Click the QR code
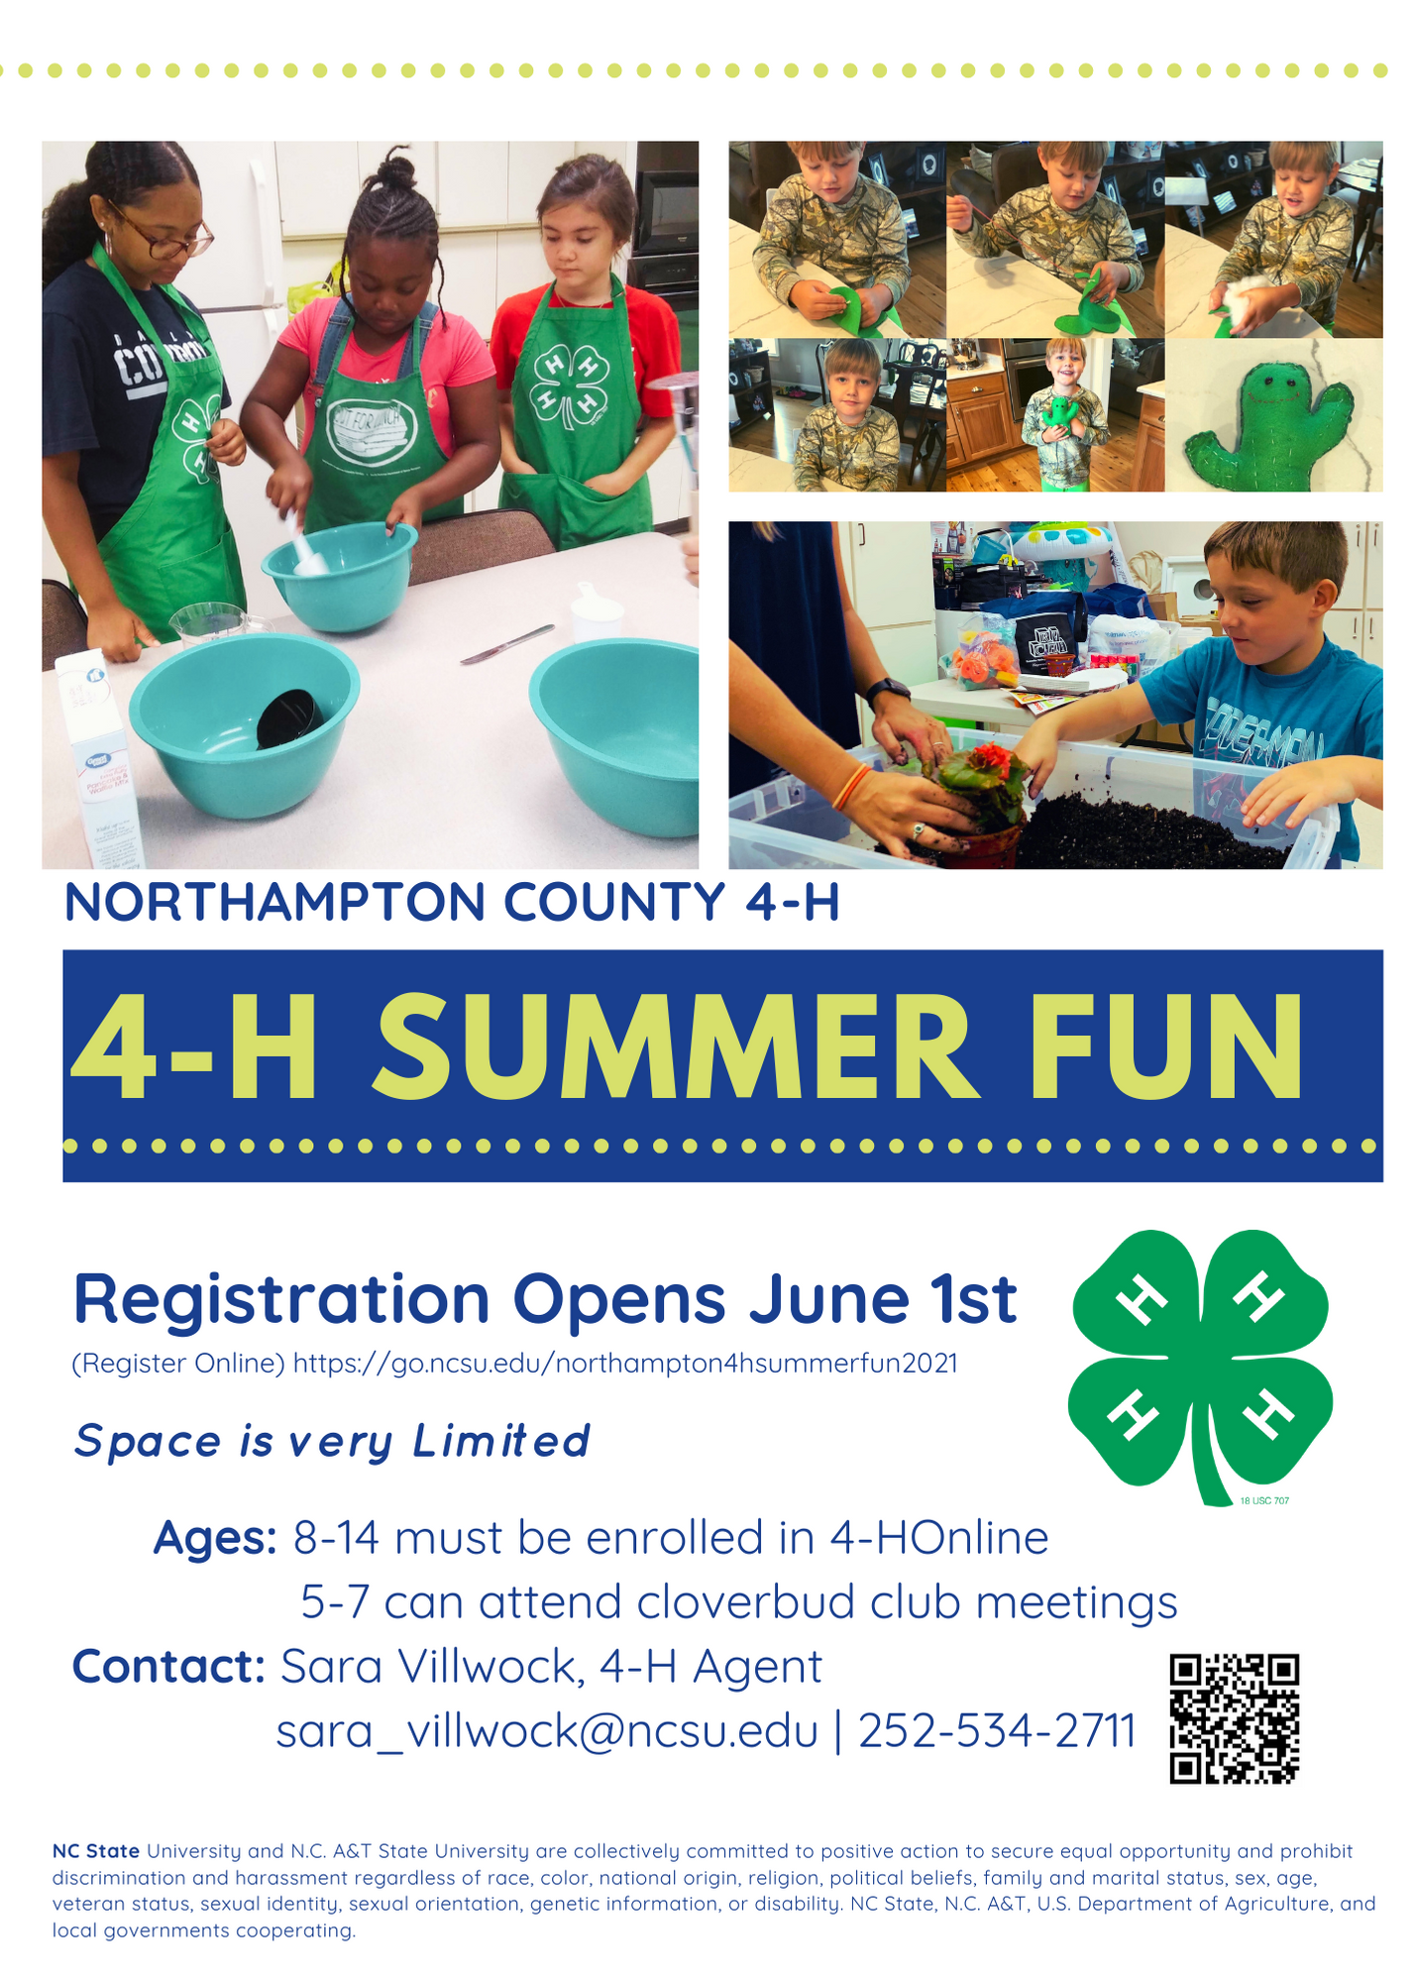[x=1234, y=1718]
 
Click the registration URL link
[x=625, y=1364]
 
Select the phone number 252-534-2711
[x=997, y=1730]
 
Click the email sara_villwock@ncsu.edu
[x=547, y=1732]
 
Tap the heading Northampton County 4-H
[x=452, y=902]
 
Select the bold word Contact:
[x=168, y=1666]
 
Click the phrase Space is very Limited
[x=332, y=1442]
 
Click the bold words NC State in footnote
[x=96, y=1850]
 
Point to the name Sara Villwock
[x=427, y=1666]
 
